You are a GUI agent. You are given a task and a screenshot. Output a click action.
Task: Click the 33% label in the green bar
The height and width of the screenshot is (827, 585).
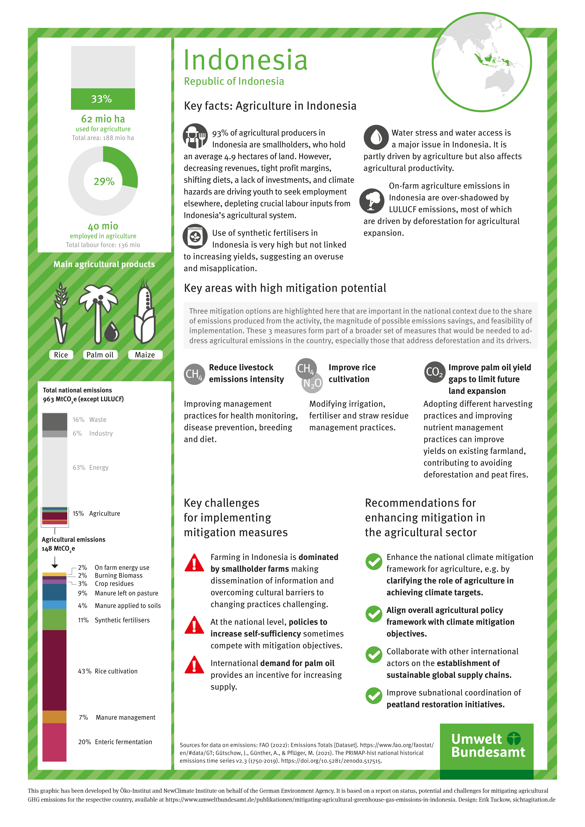click(102, 99)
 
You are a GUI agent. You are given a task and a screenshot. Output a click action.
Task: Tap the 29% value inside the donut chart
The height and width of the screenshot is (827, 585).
click(104, 181)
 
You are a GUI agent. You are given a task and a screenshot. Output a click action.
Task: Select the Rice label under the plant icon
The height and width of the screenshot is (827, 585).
click(61, 355)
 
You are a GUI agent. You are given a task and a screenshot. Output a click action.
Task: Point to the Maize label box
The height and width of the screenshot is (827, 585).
click(145, 355)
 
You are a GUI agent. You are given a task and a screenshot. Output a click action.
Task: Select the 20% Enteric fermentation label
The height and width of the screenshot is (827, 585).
click(115, 742)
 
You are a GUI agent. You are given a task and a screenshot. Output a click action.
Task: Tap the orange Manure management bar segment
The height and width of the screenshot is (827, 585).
click(54, 717)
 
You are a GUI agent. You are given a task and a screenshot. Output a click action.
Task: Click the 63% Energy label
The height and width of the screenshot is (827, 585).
click(90, 467)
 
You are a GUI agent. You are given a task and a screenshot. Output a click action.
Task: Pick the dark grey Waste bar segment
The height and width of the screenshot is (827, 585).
click(54, 421)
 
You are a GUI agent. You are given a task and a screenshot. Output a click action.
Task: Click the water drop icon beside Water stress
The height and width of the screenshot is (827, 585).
click(376, 137)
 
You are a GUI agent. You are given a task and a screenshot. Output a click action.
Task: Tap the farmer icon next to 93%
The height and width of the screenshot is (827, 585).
click(195, 136)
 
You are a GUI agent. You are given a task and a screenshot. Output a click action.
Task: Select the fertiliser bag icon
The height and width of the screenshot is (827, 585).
click(195, 236)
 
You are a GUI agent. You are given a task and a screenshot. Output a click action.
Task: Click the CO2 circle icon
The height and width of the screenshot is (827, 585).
click(434, 372)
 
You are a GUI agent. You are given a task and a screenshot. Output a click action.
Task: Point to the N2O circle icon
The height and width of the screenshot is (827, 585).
click(312, 383)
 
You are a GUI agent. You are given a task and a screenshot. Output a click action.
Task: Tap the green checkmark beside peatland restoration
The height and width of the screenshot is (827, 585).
click(374, 696)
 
